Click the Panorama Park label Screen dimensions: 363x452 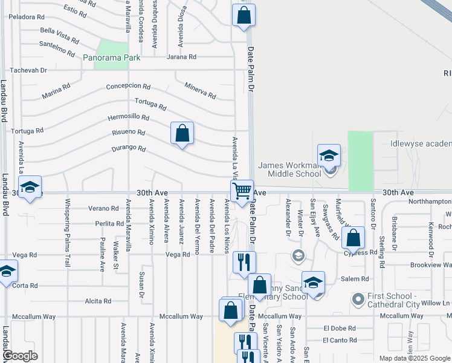(112, 58)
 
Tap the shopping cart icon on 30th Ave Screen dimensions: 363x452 (242, 191)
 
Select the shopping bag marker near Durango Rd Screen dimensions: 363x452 (182, 133)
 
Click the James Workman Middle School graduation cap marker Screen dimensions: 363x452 (329, 155)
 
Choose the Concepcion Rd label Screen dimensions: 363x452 (128, 86)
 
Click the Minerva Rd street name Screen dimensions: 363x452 (200, 91)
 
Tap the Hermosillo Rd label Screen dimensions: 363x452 (128, 117)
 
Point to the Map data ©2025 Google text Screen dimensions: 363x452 (415, 358)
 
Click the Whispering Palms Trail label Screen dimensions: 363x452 (67, 233)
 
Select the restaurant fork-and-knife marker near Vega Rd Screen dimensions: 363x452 (244, 261)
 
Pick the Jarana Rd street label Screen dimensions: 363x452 (181, 57)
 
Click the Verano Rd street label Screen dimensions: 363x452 (102, 208)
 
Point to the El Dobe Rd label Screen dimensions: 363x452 (337, 329)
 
